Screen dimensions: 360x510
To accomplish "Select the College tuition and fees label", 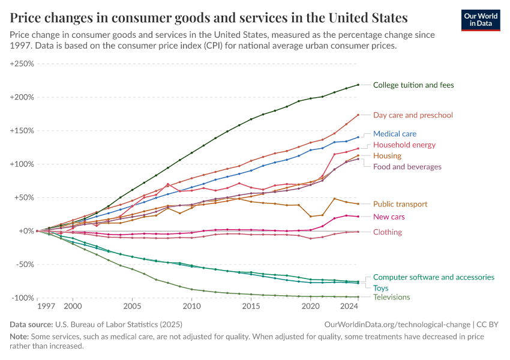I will [413, 85].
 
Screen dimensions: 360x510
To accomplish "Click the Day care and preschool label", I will [413, 115].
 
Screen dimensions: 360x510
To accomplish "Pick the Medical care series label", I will [394, 134].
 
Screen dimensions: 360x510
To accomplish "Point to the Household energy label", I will [404, 145].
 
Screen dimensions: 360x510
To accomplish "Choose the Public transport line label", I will [399, 204].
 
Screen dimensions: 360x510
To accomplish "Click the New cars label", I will [389, 217].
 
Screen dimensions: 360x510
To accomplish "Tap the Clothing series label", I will [388, 232].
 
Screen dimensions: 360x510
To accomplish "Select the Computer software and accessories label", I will [433, 277].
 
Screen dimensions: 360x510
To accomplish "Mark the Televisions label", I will [391, 297].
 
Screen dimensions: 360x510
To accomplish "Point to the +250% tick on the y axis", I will [22, 64].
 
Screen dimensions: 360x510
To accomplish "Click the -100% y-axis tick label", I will [22, 298].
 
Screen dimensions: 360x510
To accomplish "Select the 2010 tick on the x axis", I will [191, 306].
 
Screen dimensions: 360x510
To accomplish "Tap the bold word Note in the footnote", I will [20, 337].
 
